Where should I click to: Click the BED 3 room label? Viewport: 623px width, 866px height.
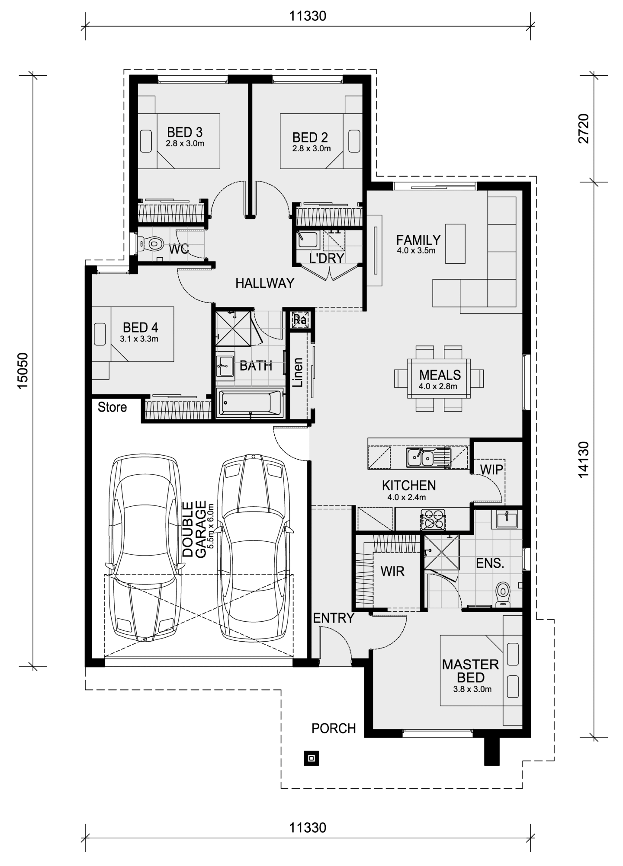coord(185,132)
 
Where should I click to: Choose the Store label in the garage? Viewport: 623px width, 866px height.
coord(112,407)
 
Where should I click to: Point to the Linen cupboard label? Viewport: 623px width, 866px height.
coord(297,372)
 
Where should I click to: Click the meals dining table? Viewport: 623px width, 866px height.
coord(439,378)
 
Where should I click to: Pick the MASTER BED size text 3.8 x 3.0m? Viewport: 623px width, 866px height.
coord(472,689)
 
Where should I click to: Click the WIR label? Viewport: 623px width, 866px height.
coord(392,571)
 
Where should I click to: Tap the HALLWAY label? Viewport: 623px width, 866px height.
coord(265,283)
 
